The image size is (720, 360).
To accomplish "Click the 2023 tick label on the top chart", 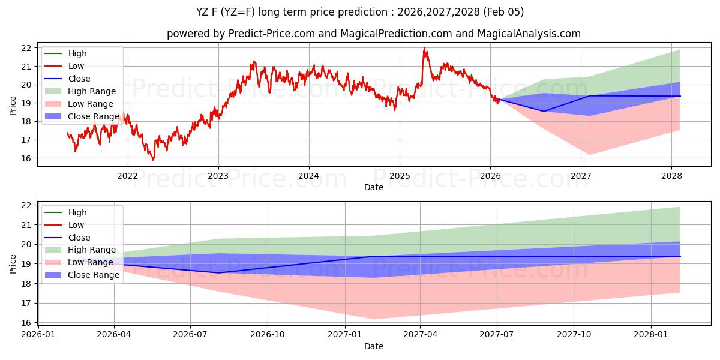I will pyautogui.click(x=218, y=176).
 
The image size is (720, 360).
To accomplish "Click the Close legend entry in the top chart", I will pyautogui.click(x=79, y=79).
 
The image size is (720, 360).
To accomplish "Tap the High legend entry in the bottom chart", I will pyautogui.click(x=77, y=212).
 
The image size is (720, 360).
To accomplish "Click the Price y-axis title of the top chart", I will pyautogui.click(x=13, y=105).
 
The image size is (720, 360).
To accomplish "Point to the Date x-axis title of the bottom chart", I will pyautogui.click(x=374, y=346).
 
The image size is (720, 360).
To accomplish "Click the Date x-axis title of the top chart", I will pyautogui.click(x=374, y=187).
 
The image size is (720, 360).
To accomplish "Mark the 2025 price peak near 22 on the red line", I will pyautogui.click(x=424, y=48).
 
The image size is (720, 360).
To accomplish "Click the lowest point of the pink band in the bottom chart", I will pyautogui.click(x=374, y=319).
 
